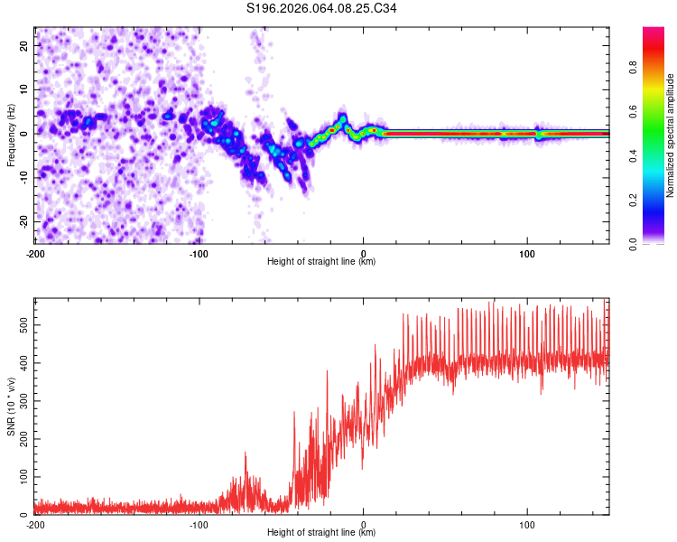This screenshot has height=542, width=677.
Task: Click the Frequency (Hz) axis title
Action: click(x=11, y=135)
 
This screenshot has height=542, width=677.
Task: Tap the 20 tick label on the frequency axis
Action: click(x=24, y=45)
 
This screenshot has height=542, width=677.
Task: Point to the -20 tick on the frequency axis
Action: click(x=23, y=221)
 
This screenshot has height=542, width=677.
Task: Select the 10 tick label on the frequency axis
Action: click(x=24, y=89)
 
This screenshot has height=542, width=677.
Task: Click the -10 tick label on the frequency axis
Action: click(x=23, y=177)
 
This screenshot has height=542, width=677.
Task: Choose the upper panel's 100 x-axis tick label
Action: click(x=527, y=252)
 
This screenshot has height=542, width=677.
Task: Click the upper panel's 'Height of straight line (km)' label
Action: click(x=321, y=262)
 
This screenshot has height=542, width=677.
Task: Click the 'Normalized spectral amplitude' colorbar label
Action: click(x=671, y=135)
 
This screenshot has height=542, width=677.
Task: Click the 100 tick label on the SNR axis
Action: click(x=22, y=475)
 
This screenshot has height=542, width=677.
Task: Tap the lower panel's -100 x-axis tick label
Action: click(x=199, y=524)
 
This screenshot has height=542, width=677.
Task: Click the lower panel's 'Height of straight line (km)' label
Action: click(x=321, y=534)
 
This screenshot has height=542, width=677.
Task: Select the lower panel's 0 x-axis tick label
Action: click(x=363, y=524)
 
